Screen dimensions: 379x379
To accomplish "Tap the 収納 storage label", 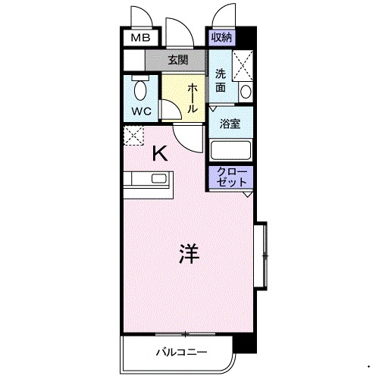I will click(221, 37).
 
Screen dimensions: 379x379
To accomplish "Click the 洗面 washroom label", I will click(221, 80).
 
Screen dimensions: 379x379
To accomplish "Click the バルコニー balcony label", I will click(177, 352).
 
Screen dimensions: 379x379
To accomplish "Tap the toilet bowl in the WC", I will click(139, 90).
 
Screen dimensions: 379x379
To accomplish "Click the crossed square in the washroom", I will click(243, 64).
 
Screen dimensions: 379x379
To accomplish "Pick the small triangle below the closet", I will click(247, 195).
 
